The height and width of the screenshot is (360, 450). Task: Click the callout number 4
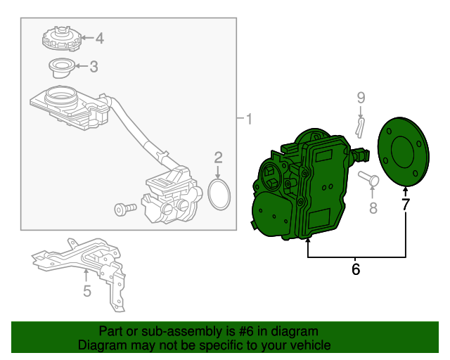[100, 38]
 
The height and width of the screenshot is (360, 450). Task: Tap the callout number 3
[94, 67]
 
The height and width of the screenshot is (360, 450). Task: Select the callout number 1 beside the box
[249, 119]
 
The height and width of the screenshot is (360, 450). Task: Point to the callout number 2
[218, 158]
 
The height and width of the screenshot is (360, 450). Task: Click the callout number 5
[87, 291]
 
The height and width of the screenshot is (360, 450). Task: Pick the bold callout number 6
[356, 269]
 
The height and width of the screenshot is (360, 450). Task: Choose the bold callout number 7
[405, 205]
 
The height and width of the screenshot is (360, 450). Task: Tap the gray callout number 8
[373, 208]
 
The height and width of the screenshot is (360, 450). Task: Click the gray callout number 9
[361, 98]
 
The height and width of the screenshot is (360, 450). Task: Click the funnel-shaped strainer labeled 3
[62, 68]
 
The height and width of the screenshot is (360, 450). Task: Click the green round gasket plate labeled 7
[404, 152]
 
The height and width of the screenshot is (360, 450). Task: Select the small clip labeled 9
[360, 127]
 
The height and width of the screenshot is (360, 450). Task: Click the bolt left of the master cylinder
[125, 209]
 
